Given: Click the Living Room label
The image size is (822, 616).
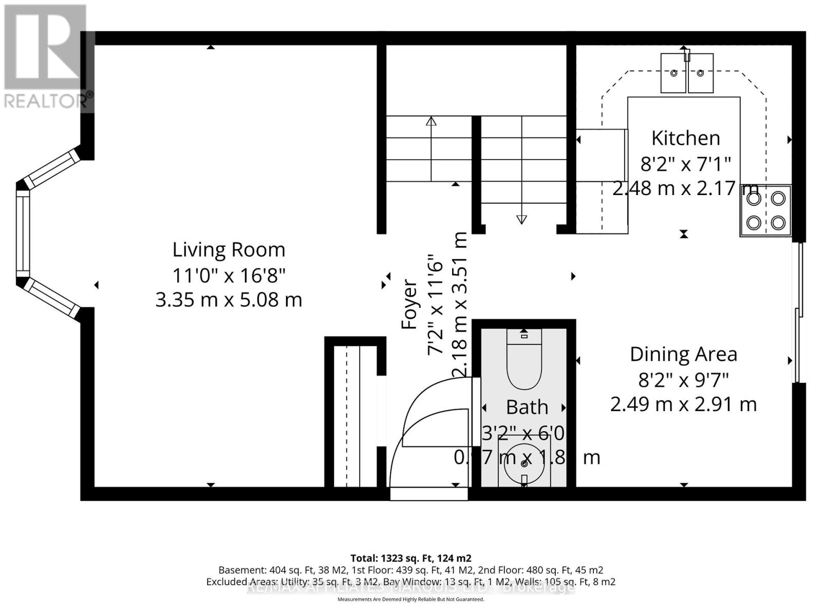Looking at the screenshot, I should [229, 250].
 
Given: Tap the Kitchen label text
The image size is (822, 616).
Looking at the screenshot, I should [685, 138].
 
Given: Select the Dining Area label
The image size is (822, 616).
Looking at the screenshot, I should [683, 354].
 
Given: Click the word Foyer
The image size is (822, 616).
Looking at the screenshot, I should [409, 304].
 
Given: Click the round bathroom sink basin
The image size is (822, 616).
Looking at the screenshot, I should [524, 463].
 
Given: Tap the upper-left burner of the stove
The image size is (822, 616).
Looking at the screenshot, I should [753, 199].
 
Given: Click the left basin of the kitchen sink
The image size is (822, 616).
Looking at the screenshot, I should [673, 74].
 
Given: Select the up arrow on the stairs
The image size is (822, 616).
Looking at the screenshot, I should [431, 122].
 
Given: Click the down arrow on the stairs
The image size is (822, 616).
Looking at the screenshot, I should [521, 219].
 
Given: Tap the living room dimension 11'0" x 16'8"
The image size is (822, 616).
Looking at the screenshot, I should [229, 275].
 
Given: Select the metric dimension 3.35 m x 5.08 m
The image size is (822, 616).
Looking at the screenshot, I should [229, 300].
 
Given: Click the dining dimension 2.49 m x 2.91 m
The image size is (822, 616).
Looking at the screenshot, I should [683, 405].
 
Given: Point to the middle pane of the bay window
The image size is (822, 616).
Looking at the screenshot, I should [23, 234].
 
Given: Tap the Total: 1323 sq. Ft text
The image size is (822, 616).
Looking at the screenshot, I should [410, 558].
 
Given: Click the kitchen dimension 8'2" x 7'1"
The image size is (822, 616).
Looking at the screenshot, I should [685, 164].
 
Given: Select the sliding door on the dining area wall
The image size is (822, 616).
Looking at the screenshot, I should [798, 313].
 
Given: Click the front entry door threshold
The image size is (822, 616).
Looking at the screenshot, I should [429, 494].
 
